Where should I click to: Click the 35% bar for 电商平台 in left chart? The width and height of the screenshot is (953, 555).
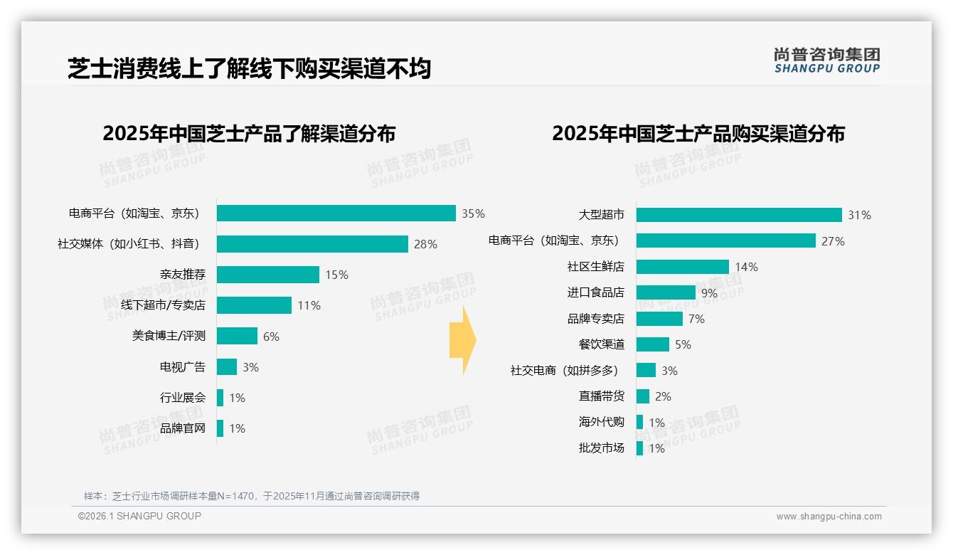[336, 213]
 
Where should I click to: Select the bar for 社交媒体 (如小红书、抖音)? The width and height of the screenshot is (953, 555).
[312, 244]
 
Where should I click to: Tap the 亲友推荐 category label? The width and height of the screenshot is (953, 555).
[182, 275]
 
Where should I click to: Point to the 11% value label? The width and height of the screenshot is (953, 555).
[309, 305]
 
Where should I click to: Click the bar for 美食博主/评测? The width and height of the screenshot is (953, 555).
[237, 336]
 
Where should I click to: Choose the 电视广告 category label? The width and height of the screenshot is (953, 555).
[182, 367]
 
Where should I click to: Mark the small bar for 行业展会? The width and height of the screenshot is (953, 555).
[220, 398]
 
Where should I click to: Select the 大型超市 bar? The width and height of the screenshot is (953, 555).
[739, 215]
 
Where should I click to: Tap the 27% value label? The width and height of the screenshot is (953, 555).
[833, 241]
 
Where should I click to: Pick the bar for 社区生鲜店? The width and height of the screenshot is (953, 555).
[683, 267]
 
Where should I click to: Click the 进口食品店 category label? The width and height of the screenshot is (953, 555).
[595, 292]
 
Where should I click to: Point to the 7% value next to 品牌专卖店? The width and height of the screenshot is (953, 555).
[696, 319]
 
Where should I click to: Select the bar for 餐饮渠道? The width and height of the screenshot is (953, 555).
[653, 344]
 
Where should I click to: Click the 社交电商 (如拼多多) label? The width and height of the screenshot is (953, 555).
[564, 371]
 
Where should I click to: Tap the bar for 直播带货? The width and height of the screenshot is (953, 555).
[643, 396]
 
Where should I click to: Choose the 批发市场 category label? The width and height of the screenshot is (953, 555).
[601, 448]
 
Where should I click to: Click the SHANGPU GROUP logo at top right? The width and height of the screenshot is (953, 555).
[826, 60]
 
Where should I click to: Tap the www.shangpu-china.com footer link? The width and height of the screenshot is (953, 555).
[829, 517]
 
